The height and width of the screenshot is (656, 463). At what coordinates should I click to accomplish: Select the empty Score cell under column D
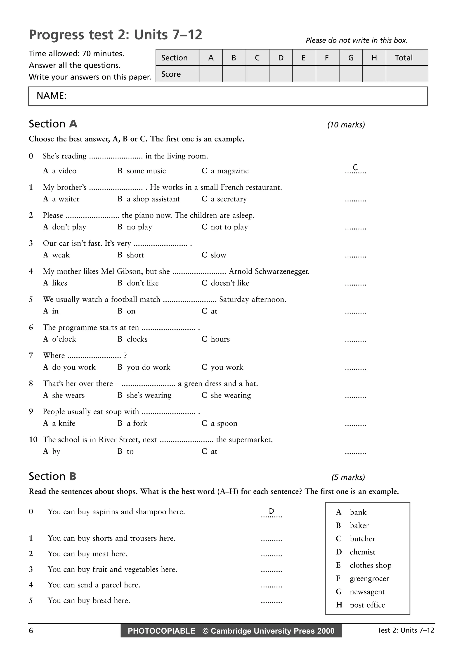(x=281, y=74)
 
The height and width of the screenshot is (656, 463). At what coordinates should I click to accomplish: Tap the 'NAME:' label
(x=52, y=96)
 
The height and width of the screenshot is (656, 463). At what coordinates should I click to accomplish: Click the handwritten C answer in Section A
(x=355, y=167)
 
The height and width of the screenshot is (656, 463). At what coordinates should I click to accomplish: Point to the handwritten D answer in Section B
(x=271, y=511)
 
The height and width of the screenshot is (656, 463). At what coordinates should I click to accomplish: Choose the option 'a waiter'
(x=66, y=199)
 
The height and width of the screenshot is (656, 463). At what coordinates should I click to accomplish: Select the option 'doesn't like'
(x=230, y=283)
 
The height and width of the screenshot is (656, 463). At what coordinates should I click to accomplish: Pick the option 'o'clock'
(x=64, y=339)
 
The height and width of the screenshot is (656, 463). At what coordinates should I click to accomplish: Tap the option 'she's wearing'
(x=149, y=395)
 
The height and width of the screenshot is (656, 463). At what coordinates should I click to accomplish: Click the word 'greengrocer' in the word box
(x=369, y=579)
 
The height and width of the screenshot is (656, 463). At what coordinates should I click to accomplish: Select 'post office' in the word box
(x=367, y=605)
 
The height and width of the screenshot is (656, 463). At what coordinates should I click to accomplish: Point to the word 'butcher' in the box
(x=362, y=539)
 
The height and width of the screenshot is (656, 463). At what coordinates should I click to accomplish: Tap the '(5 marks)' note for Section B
(x=348, y=477)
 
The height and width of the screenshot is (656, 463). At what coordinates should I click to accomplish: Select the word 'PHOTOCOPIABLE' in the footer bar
(x=161, y=631)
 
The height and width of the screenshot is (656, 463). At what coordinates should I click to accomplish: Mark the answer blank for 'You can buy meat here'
(x=271, y=555)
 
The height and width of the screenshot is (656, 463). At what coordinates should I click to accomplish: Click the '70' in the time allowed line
(x=86, y=54)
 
